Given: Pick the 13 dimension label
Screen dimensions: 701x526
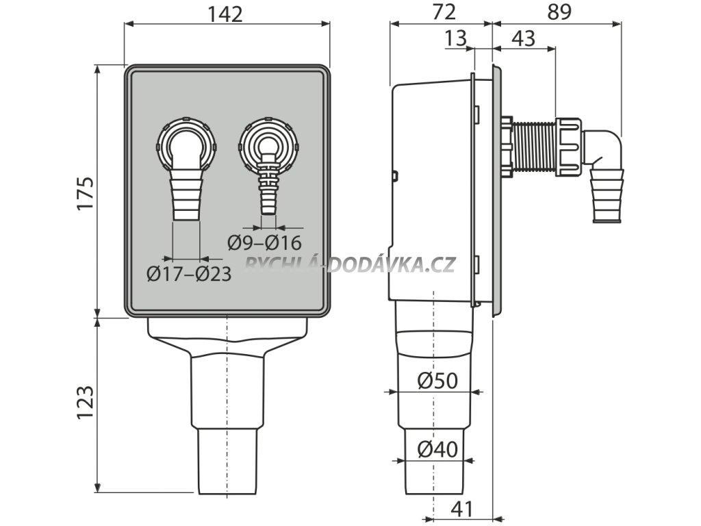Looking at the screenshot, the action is pyautogui.click(x=455, y=38).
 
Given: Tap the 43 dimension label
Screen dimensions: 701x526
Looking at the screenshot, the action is pyautogui.click(x=522, y=38).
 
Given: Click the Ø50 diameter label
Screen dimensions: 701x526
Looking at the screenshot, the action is pyautogui.click(x=436, y=381).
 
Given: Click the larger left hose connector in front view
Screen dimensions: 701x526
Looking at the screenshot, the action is pyautogui.click(x=186, y=168).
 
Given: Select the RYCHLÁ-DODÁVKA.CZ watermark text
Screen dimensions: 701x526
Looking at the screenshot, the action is pyautogui.click(x=349, y=264).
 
